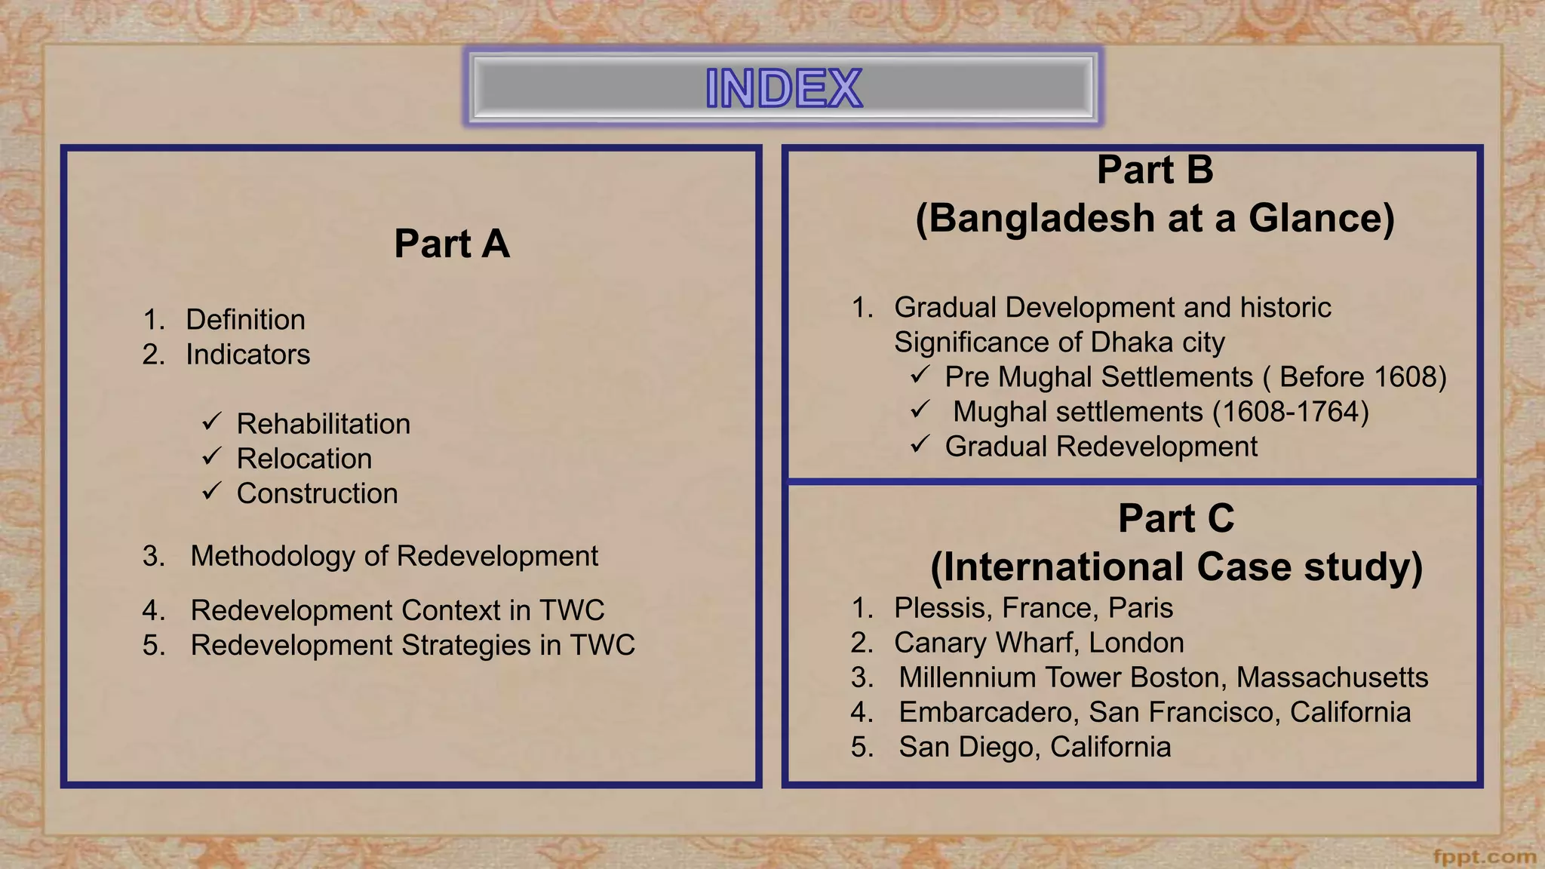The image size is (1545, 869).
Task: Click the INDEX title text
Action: pyautogui.click(x=783, y=88)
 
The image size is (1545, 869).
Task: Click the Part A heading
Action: pyautogui.click(x=451, y=244)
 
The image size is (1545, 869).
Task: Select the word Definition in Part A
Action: pyautogui.click(x=245, y=320)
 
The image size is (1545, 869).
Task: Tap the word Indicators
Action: pyautogui.click(x=247, y=355)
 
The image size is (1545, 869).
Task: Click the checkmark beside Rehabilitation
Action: pyautogui.click(x=211, y=421)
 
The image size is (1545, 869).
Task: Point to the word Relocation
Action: pyautogui.click(x=304, y=459)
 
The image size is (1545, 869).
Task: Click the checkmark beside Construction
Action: pyautogui.click(x=211, y=491)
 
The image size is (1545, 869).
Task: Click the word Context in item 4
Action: pyautogui.click(x=450, y=610)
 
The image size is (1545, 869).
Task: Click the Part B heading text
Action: pyautogui.click(x=1154, y=170)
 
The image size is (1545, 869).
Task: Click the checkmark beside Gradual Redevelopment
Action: pyautogui.click(x=920, y=444)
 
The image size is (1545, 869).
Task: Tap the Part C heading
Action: pyautogui.click(x=1175, y=519)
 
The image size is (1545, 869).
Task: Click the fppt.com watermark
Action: pyautogui.click(x=1484, y=857)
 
